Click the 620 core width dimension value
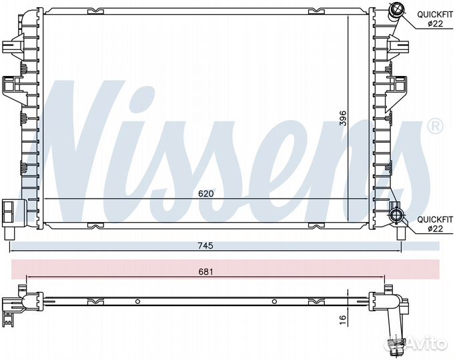[205, 193]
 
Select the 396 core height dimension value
[343, 118]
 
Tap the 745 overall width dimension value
[205, 246]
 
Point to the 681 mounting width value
[205, 272]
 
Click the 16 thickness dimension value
[343, 318]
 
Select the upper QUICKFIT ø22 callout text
[435, 19]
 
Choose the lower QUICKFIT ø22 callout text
[435, 224]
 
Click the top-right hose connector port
[395, 10]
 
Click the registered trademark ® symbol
[435, 127]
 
